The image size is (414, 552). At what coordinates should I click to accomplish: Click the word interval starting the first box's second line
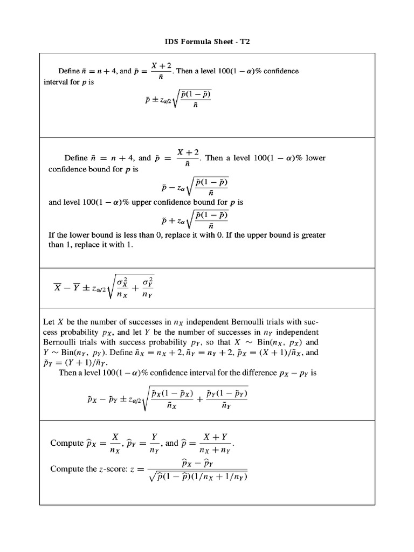[56, 82]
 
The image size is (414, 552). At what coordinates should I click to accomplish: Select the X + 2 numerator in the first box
[161, 65]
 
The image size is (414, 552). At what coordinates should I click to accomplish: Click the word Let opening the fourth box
[49, 322]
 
